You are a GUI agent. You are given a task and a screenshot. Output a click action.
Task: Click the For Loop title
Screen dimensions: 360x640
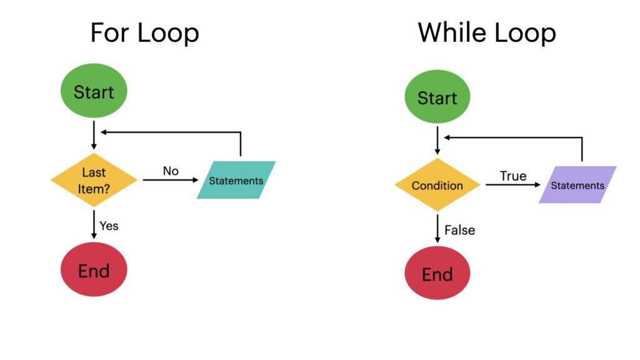coord(144,32)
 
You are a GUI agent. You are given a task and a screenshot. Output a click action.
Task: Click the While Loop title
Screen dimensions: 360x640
coord(487,32)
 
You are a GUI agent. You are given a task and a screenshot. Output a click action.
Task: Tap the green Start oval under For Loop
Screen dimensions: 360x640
coord(94,92)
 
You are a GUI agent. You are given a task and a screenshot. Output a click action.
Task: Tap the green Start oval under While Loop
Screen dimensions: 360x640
coord(437,97)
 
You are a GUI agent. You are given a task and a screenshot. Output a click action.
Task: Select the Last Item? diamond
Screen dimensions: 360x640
coord(94,179)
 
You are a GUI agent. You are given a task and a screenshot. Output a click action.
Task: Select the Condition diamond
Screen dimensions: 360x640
coord(437,185)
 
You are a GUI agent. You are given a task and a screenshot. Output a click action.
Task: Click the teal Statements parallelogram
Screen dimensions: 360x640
coord(236,180)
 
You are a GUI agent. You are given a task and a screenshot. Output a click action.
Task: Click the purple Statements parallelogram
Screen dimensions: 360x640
coord(577,185)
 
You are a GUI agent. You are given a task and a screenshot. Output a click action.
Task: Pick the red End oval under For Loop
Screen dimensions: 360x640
coord(94,271)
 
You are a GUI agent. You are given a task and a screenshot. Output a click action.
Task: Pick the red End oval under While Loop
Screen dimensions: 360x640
coord(437,274)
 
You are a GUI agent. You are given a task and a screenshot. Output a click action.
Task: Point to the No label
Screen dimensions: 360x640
coord(171,171)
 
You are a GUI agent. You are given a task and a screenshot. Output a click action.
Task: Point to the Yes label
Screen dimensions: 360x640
coord(109,226)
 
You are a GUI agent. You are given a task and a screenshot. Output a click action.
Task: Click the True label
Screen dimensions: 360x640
coord(513,176)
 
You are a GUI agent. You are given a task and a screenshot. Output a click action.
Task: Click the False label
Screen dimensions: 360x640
coord(459,230)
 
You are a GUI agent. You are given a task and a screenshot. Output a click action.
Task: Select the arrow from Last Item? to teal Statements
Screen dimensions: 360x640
coord(169,180)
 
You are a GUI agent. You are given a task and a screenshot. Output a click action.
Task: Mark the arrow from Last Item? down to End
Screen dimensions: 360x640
coord(94,224)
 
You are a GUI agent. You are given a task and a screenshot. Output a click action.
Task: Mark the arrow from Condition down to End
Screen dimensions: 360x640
coord(437,229)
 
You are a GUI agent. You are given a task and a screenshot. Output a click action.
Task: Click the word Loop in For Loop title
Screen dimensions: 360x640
coord(168,32)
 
